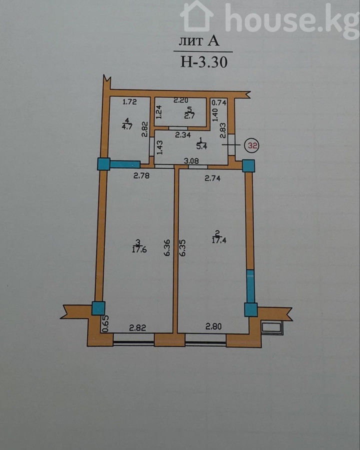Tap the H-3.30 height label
[x=204, y=61]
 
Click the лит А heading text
[x=199, y=41]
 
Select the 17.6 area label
[x=139, y=249]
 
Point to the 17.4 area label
[x=219, y=240]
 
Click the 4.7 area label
[x=127, y=126]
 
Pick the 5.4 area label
[x=201, y=146]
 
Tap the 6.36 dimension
[x=167, y=247]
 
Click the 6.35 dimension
[x=182, y=247]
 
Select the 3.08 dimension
[x=191, y=161]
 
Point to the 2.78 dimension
[x=141, y=175]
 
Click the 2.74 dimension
[x=212, y=178]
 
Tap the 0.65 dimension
[x=105, y=323]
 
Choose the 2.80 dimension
[x=213, y=326]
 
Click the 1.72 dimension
[x=129, y=101]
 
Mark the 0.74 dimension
[x=219, y=102]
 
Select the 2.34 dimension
[x=183, y=134]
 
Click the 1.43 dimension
[x=160, y=147]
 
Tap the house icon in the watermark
[x=197, y=16]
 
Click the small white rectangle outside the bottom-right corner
[x=272, y=327]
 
